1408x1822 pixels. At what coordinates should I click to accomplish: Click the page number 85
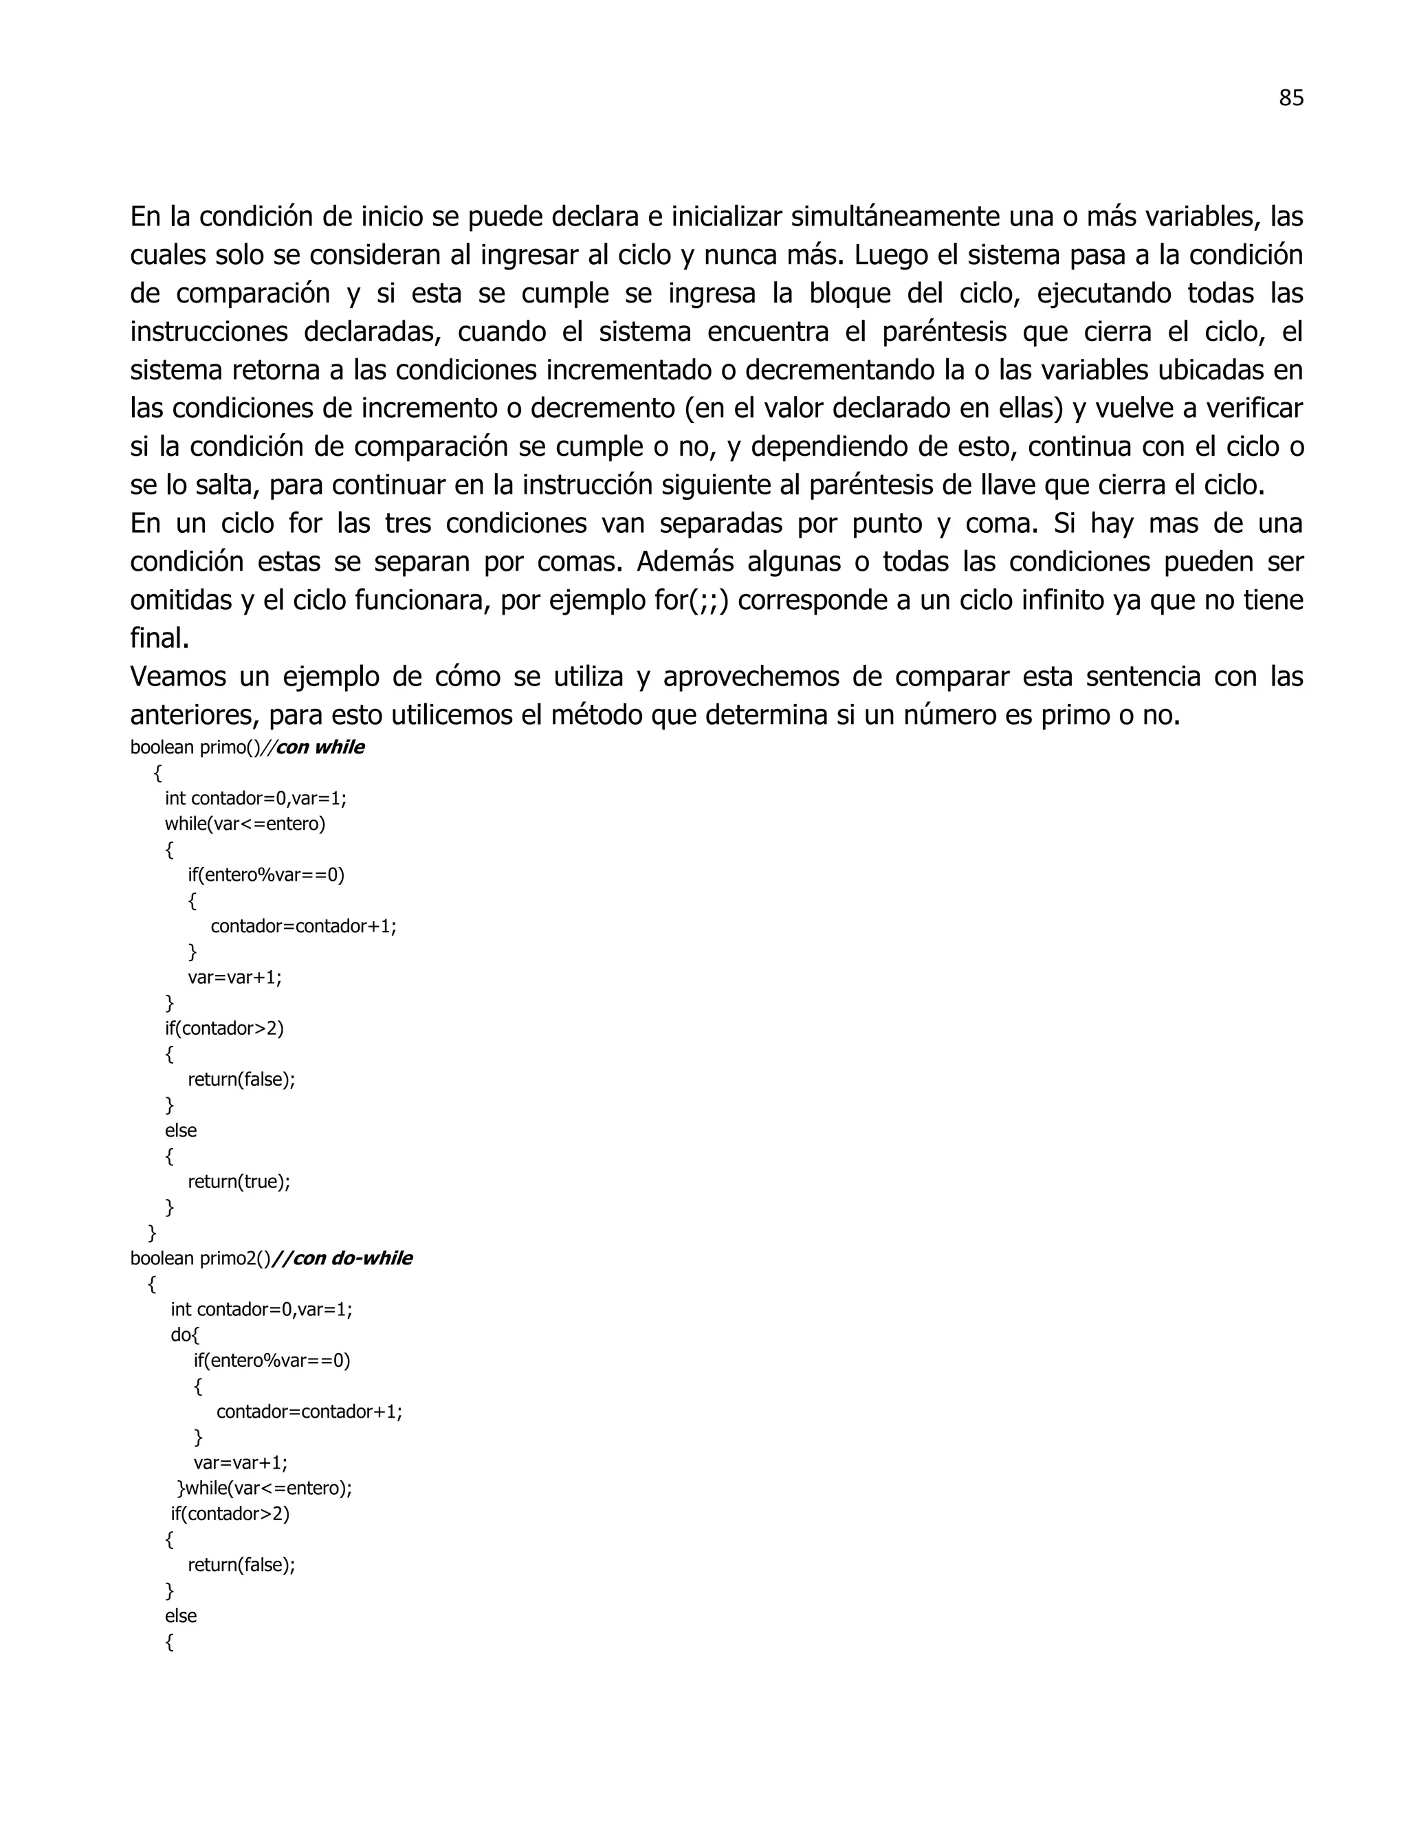(x=1290, y=98)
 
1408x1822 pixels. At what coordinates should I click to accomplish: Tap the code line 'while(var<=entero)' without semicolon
(x=245, y=824)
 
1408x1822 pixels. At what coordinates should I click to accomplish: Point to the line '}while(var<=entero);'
(x=265, y=1489)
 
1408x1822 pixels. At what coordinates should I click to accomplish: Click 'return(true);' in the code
(x=239, y=1181)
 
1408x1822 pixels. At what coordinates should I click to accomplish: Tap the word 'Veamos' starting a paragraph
(x=177, y=677)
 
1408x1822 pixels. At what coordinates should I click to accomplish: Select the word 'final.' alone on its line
(x=159, y=639)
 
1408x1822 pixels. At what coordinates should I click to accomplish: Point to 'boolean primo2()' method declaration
(x=200, y=1258)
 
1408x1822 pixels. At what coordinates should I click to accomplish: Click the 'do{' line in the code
(x=185, y=1335)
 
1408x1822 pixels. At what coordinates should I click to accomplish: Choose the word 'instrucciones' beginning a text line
(x=208, y=332)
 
